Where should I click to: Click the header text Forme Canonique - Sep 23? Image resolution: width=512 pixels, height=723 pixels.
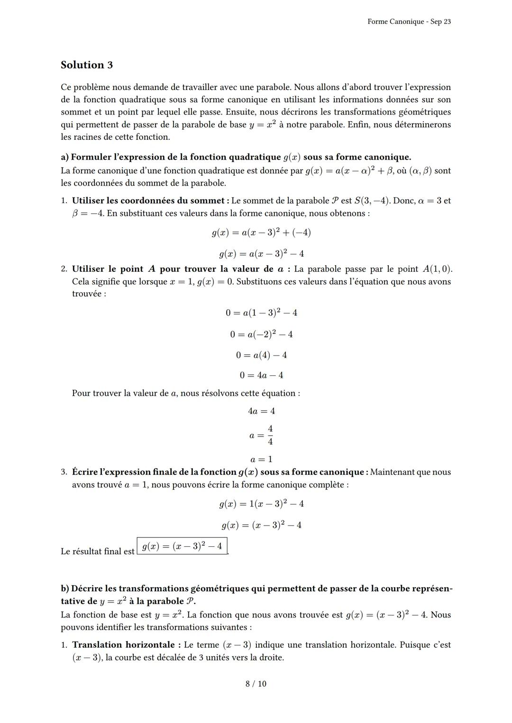(409, 22)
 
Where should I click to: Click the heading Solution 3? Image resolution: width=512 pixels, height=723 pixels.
(87, 65)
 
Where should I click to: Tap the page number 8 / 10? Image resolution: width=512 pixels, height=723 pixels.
(256, 684)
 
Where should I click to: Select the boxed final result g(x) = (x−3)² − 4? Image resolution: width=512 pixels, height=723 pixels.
(182, 546)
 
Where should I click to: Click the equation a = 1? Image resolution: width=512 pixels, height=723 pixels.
(261, 459)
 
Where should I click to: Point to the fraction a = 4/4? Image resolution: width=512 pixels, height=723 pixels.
(261, 435)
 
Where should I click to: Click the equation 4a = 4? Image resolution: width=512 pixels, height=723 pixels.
(261, 411)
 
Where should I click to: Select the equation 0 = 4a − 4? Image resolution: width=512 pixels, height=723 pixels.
(261, 375)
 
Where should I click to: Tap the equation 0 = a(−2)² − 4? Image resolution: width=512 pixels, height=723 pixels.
(261, 334)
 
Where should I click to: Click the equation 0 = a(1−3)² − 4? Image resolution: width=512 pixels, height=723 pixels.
(261, 312)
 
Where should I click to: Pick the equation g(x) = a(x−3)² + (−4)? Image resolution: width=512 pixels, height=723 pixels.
(261, 232)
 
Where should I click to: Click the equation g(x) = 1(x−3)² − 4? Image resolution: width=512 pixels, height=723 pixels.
(261, 504)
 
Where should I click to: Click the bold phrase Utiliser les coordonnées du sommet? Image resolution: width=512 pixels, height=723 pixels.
(147, 201)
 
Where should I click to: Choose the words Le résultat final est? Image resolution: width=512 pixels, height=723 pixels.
(98, 552)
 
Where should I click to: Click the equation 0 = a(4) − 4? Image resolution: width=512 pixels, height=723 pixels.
(261, 355)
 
